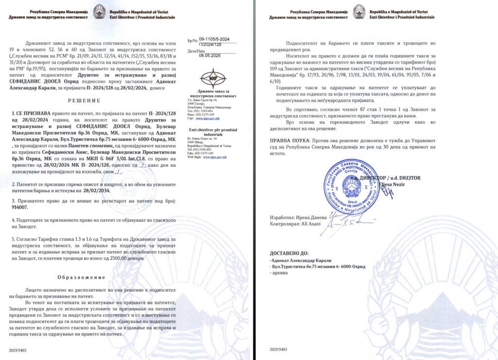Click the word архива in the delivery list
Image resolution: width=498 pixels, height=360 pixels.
[x=281, y=273]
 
